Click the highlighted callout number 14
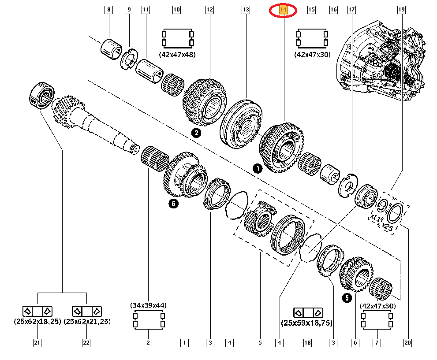click(284, 9)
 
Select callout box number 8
click(108, 9)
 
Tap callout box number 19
click(401, 9)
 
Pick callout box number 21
click(37, 342)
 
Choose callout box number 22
click(86, 342)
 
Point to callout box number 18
click(307, 342)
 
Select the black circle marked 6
click(173, 203)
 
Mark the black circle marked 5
click(347, 298)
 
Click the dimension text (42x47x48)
click(177, 55)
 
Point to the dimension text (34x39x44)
click(148, 305)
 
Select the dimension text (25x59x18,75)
click(307, 323)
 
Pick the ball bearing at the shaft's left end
click(41, 94)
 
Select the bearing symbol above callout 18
click(308, 312)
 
